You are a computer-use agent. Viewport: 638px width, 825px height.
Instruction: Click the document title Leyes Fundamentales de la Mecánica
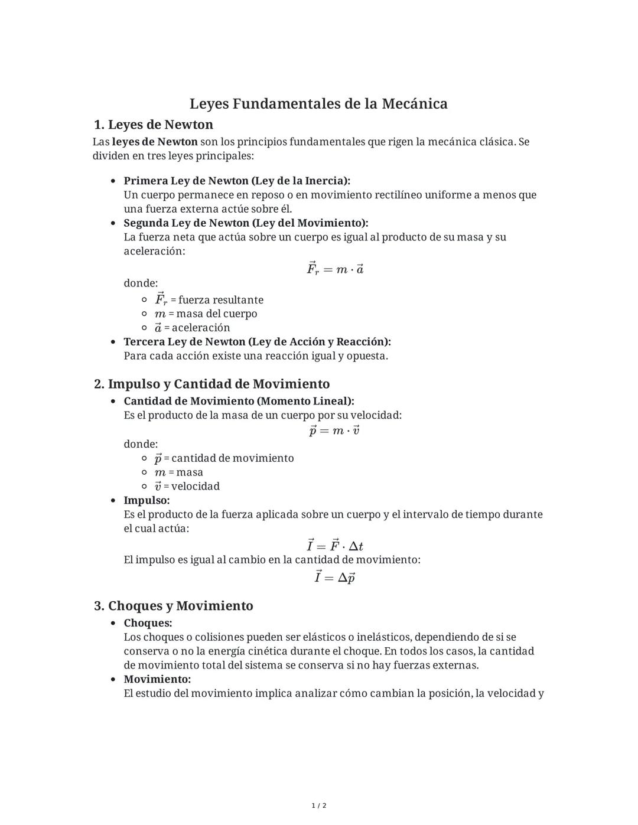click(x=318, y=104)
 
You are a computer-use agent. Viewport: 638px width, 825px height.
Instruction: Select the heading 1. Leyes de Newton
click(x=154, y=125)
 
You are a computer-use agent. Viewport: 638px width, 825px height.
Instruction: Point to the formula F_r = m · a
click(x=334, y=269)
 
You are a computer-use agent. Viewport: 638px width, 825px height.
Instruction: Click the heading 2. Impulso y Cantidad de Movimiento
click(x=212, y=384)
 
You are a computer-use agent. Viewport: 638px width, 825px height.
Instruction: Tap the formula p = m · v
click(x=334, y=431)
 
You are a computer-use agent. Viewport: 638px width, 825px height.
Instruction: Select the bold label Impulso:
click(x=147, y=501)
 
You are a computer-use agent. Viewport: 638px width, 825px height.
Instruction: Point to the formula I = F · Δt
click(x=334, y=546)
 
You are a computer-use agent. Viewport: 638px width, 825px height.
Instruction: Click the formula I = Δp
click(x=334, y=578)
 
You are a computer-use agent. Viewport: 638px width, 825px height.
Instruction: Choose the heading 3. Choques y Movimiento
click(x=174, y=606)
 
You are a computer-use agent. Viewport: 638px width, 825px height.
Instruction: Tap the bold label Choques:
click(x=148, y=623)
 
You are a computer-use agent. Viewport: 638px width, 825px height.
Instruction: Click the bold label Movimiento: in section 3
click(x=157, y=680)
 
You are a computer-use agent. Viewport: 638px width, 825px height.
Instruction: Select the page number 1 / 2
click(x=319, y=806)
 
